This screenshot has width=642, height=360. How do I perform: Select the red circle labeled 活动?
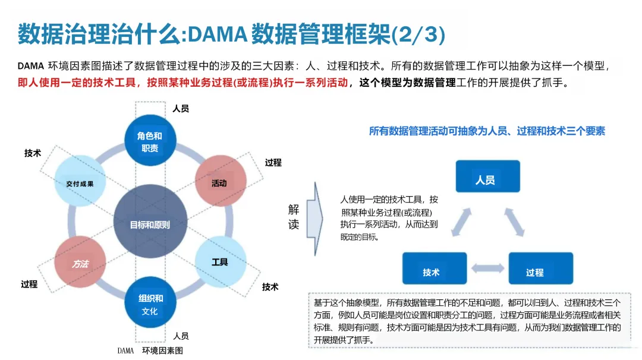(x=219, y=183)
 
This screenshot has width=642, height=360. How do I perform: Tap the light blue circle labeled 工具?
(x=220, y=261)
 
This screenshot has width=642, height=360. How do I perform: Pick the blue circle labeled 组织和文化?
(x=150, y=304)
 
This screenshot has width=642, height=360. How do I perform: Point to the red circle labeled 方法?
(x=80, y=263)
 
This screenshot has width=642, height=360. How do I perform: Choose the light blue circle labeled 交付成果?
(x=80, y=183)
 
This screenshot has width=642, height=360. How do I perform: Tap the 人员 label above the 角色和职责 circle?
(x=181, y=109)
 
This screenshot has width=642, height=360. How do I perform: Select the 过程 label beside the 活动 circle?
(x=273, y=162)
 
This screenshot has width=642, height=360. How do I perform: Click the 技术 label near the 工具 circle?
(x=270, y=286)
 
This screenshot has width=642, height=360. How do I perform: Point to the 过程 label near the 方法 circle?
(x=29, y=284)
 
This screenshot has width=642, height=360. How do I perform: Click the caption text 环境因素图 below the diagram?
(x=162, y=350)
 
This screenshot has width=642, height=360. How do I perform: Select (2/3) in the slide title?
(x=418, y=34)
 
